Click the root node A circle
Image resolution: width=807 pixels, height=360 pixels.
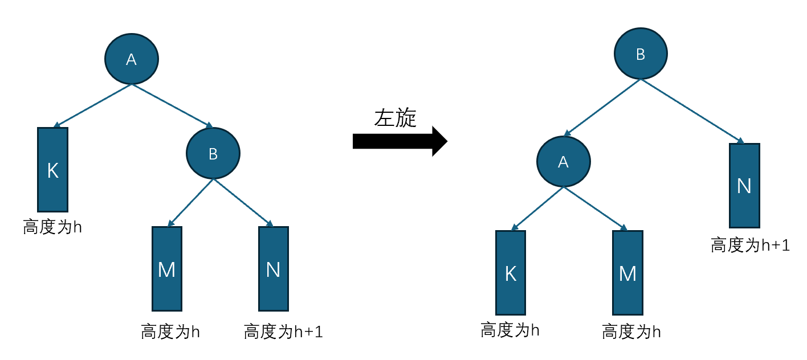tap(132, 59)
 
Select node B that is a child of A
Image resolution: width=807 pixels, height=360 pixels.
tap(213, 153)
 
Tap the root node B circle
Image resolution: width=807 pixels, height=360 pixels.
tap(641, 54)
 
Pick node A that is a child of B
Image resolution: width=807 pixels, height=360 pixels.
tap(563, 162)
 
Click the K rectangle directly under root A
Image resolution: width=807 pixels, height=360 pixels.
tap(53, 169)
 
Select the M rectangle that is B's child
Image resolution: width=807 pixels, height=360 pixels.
tap(166, 268)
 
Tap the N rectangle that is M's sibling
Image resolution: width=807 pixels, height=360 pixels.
tap(274, 268)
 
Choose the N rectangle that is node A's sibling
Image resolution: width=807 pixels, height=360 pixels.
tap(744, 186)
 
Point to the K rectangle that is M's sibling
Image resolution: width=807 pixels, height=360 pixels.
tap(511, 272)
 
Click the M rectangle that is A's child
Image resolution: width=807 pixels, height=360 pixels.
tap(627, 273)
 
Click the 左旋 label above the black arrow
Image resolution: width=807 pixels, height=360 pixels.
tap(396, 118)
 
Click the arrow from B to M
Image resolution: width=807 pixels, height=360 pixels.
tap(191, 202)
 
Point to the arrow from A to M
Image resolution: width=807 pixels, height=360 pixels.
tap(595, 208)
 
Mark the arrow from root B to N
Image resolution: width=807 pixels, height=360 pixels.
tap(692, 111)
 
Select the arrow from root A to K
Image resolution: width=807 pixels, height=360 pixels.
tap(93, 105)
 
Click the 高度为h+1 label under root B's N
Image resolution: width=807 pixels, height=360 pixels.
tap(750, 246)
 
